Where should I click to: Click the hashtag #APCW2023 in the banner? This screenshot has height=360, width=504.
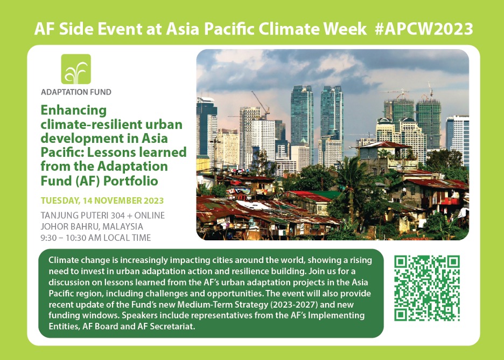tap(424, 29)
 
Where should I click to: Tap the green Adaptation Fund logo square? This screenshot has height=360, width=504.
tap(76, 69)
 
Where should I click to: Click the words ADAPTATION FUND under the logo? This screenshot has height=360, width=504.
tap(76, 92)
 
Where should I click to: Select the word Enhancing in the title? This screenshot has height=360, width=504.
tap(74, 110)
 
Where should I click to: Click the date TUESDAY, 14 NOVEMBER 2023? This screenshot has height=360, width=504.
tap(102, 201)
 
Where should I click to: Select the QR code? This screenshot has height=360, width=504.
tap(427, 288)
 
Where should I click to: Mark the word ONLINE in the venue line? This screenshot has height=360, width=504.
tap(150, 215)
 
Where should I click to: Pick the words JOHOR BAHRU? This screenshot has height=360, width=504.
tap(70, 226)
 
